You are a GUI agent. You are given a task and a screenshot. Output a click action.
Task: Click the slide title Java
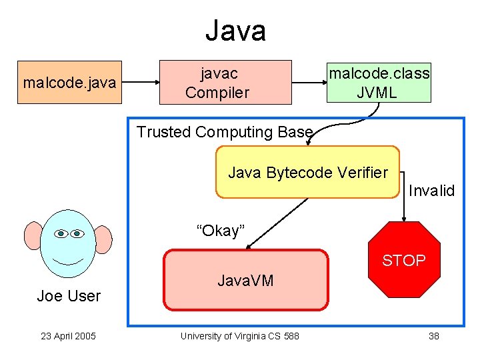235,31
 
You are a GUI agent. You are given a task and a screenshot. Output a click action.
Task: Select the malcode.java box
70,83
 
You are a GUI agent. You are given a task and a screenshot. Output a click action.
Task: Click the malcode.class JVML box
379,83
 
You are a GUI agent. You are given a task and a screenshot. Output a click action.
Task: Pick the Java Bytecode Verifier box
307,173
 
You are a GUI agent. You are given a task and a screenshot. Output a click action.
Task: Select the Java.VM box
246,281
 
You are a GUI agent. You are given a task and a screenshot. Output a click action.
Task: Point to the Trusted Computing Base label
224,132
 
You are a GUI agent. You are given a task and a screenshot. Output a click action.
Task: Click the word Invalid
431,191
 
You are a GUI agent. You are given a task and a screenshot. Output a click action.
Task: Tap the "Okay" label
221,231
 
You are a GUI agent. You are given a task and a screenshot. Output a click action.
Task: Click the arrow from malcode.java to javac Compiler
141,83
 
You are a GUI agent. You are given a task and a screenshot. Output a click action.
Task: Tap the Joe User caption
69,296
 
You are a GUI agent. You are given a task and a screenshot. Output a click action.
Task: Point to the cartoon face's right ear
103,239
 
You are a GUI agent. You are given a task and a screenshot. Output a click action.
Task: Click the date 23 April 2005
68,336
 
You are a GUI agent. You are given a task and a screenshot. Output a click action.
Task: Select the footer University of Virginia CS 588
239,336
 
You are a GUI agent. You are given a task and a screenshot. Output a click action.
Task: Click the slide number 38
433,336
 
